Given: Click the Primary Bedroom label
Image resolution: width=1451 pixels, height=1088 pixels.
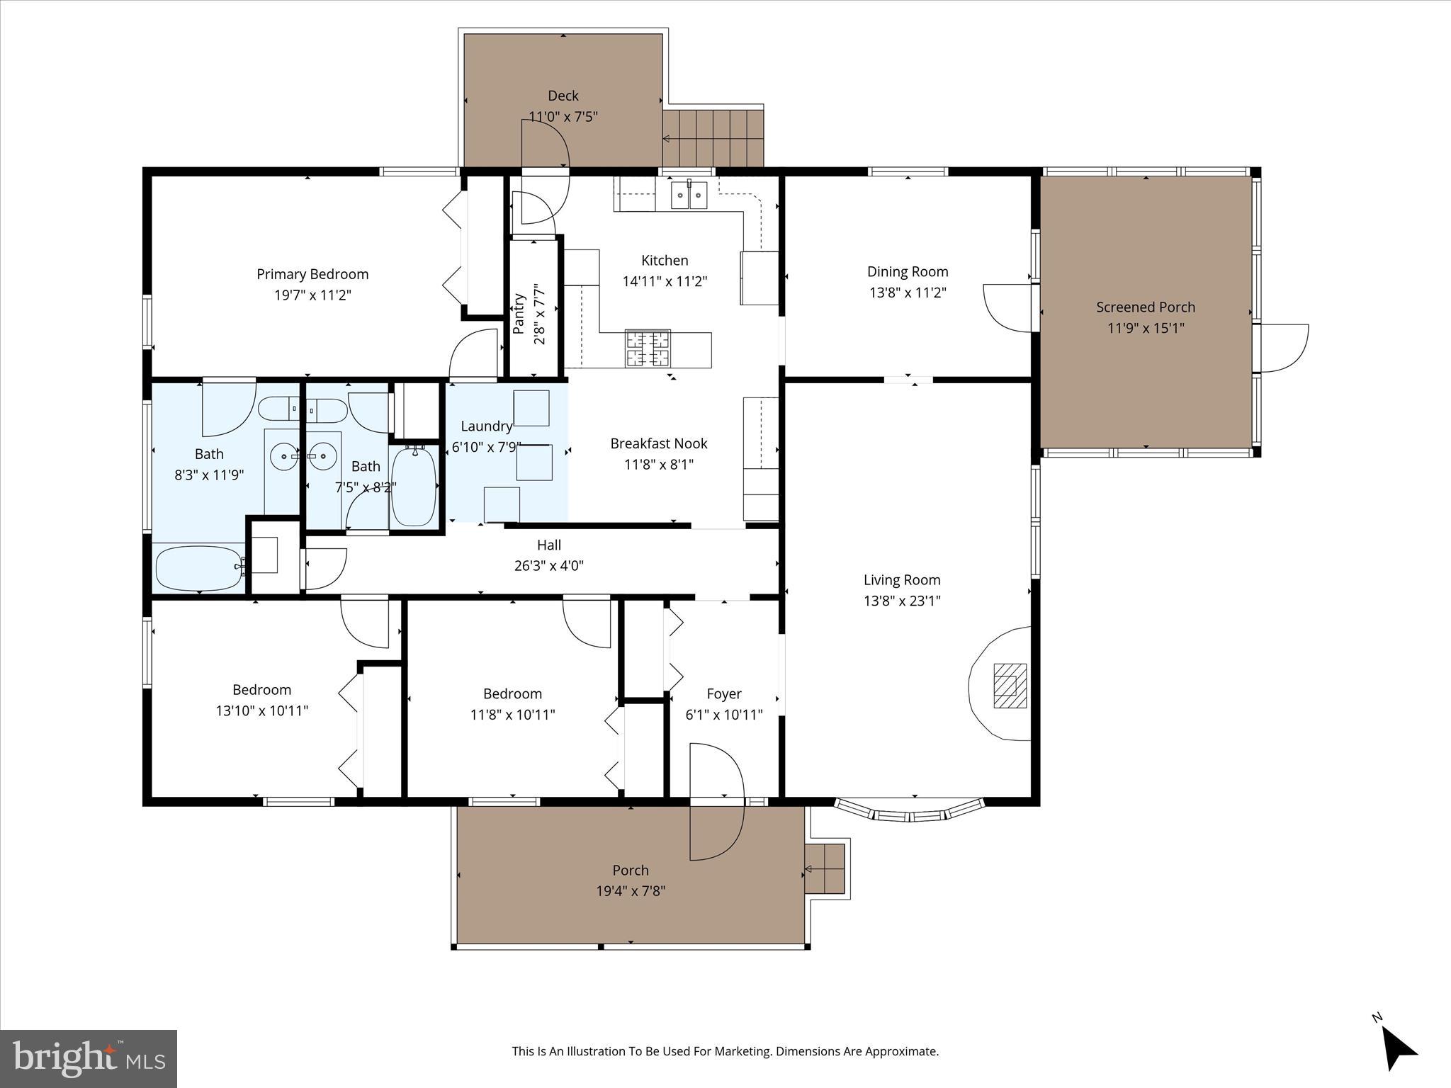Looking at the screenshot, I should coord(312,274).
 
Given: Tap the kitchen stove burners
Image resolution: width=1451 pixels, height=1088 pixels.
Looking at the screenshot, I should coord(648,348).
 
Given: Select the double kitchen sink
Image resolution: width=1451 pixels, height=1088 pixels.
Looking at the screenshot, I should coord(689,195).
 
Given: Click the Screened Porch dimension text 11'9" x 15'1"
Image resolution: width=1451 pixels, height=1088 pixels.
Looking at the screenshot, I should coord(1146,328).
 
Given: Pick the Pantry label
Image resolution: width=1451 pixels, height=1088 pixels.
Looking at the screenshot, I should coord(519,314).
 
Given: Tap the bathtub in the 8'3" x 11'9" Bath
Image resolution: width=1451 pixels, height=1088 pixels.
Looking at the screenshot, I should coord(200,568).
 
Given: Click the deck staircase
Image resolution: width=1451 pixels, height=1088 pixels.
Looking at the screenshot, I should coord(713,137).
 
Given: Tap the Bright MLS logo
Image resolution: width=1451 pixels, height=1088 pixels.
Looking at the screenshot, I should coord(89,1058).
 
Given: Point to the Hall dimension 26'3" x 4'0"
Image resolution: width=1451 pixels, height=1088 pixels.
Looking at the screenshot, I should coord(548,565).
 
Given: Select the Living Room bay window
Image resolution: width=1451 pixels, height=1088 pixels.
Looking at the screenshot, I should coord(910,812).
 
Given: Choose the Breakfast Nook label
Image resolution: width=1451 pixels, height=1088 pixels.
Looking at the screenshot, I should coord(659,443).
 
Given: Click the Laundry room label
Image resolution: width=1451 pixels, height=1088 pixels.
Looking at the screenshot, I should coord(486,426).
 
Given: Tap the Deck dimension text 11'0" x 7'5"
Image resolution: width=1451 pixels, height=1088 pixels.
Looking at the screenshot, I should coord(563,116).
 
